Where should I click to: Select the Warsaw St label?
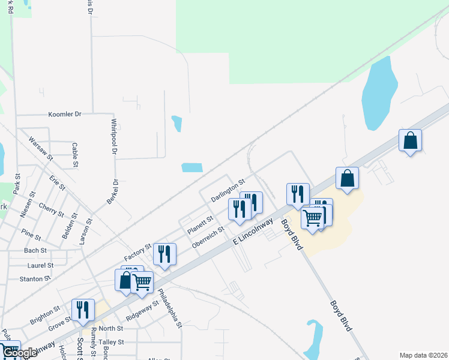(41, 149)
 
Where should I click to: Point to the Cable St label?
(75, 155)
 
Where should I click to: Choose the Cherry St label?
(51, 209)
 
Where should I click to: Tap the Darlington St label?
(228, 190)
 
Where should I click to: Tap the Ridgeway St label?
(142, 310)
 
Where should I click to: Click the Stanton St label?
(35, 279)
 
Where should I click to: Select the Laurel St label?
(40, 265)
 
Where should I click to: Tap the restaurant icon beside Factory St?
(164, 253)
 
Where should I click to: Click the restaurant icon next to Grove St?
(83, 309)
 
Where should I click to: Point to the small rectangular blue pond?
(192, 168)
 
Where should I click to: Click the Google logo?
(19, 353)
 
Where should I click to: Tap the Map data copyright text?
(423, 355)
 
